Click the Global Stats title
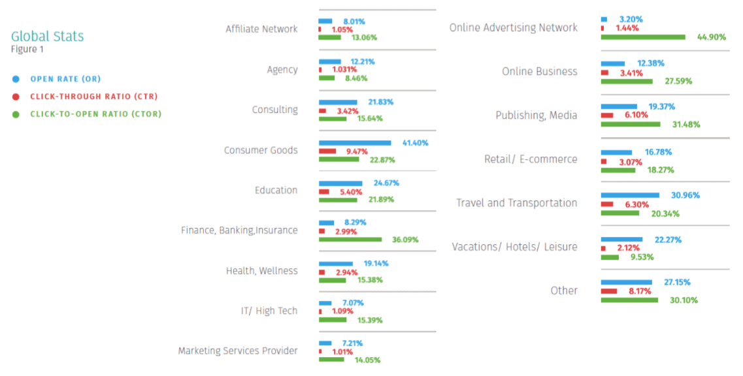(47, 37)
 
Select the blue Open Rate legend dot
(16, 79)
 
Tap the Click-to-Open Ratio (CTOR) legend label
(95, 114)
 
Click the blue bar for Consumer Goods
(354, 142)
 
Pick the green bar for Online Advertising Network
(642, 37)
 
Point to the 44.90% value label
(712, 37)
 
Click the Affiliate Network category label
(261, 29)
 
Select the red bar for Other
(608, 291)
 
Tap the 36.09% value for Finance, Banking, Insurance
(405, 240)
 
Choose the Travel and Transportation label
(516, 203)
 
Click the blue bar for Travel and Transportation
(629, 195)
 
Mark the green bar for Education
(338, 199)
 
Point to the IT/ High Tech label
(269, 311)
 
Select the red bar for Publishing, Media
(606, 116)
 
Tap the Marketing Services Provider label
(238, 351)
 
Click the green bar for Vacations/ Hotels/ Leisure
(609, 257)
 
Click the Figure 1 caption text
(27, 50)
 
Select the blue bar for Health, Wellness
(335, 263)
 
